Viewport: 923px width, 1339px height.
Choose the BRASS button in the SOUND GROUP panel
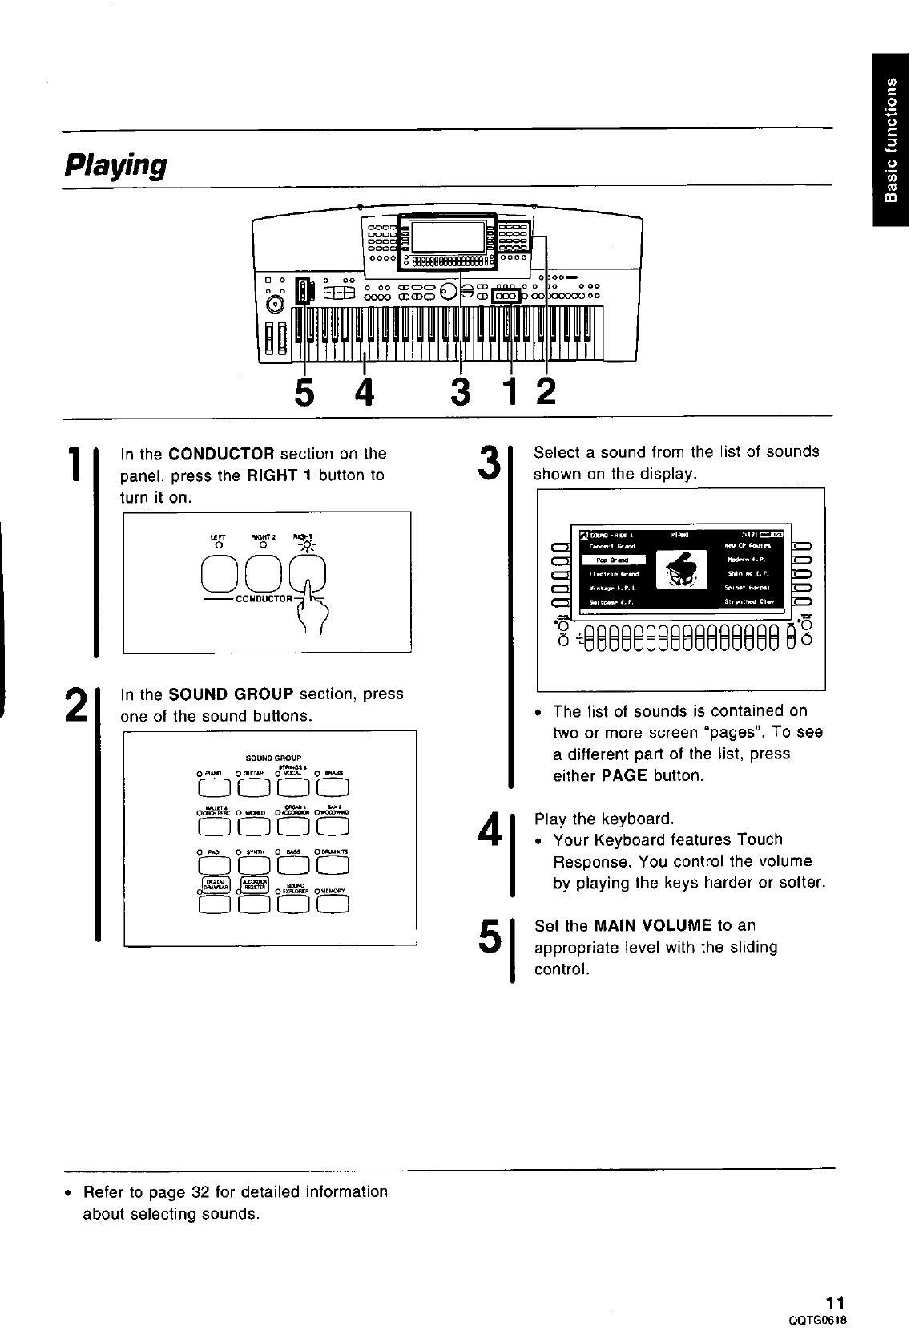(x=333, y=790)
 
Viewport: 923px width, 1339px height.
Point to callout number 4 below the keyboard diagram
(x=365, y=393)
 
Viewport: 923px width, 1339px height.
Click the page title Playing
(x=115, y=165)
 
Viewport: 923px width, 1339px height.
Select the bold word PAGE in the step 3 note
(x=624, y=775)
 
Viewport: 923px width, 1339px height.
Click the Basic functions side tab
(x=892, y=140)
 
